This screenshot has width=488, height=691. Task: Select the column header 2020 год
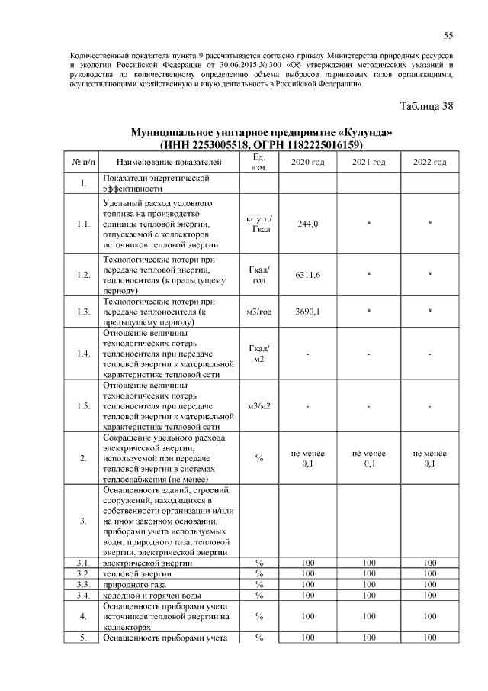click(x=308, y=163)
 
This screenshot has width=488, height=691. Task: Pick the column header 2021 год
click(x=369, y=163)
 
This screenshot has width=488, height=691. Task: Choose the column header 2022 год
click(x=430, y=163)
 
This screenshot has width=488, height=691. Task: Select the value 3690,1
click(x=308, y=312)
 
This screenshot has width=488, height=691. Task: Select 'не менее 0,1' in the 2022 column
click(x=430, y=457)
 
